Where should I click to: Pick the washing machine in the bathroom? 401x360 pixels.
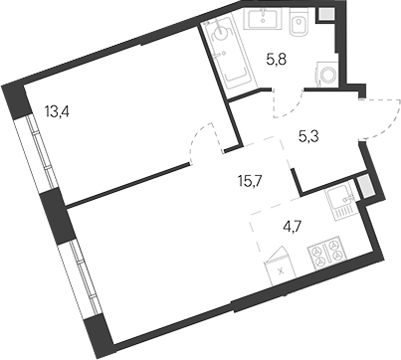(323, 74)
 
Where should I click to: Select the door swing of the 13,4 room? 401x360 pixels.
(204, 139)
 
